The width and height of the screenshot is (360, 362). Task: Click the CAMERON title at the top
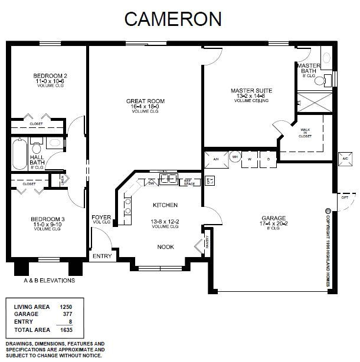pyautogui.click(x=173, y=18)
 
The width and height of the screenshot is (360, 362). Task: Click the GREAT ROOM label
pyautogui.click(x=145, y=101)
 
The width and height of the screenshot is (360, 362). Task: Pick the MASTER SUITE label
pyautogui.click(x=251, y=91)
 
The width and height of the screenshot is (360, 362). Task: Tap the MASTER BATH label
pyautogui.click(x=308, y=68)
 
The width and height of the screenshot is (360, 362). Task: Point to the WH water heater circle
pyautogui.click(x=234, y=157)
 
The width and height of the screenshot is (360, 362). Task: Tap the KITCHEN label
pyautogui.click(x=165, y=205)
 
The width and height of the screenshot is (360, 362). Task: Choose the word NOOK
pyautogui.click(x=165, y=247)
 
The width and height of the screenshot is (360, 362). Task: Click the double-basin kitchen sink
pyautogui.click(x=169, y=180)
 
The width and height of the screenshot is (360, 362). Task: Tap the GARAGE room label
pyautogui.click(x=274, y=219)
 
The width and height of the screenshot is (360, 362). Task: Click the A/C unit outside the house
pyautogui.click(x=345, y=159)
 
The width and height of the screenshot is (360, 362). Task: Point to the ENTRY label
pyautogui.click(x=102, y=256)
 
